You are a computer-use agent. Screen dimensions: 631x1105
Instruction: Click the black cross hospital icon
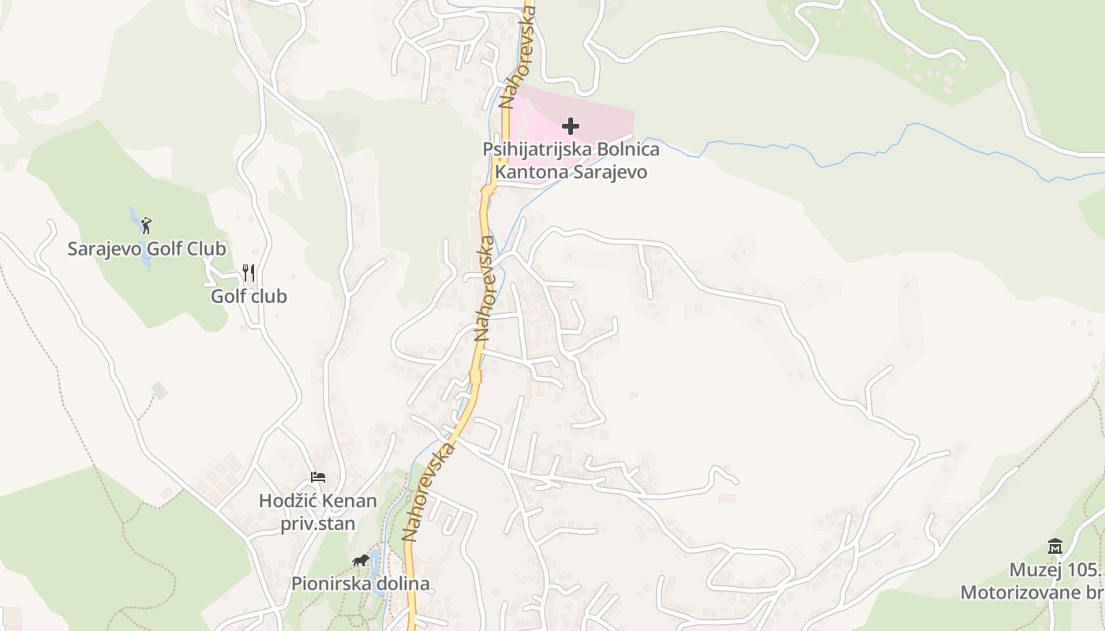[x=570, y=126]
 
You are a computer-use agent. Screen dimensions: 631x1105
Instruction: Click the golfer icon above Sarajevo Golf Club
[x=146, y=226]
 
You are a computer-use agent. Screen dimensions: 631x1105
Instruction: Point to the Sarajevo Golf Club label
[x=147, y=249]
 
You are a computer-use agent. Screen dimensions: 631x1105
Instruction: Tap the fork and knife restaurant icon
[x=249, y=273]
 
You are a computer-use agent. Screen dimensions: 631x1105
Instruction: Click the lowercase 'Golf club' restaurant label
[x=249, y=297]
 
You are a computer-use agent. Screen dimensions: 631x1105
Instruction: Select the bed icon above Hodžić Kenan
[x=317, y=477]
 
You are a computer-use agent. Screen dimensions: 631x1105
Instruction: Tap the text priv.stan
[x=317, y=524]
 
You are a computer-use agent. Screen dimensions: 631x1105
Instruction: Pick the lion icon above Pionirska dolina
[x=361, y=561]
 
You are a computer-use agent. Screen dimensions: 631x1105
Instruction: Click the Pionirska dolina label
[x=361, y=584]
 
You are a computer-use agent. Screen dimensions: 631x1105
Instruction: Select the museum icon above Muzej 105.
[x=1055, y=546]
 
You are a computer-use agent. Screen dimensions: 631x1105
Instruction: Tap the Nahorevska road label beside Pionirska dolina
[x=429, y=492]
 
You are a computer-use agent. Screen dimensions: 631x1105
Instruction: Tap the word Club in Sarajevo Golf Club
[x=205, y=249]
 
